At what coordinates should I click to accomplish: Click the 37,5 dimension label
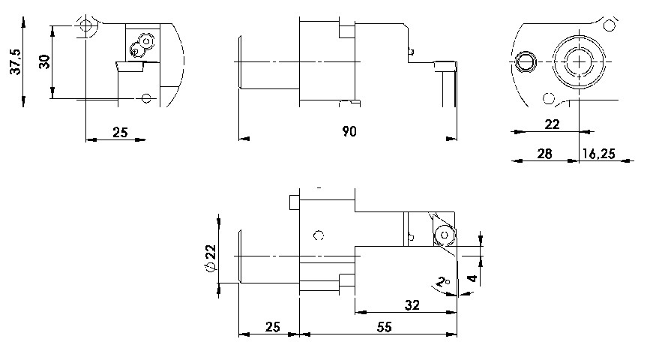coord(16,62)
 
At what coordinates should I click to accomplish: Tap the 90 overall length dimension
coord(349,131)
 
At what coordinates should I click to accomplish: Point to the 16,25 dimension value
coord(599,154)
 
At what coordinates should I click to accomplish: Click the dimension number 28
coord(545,154)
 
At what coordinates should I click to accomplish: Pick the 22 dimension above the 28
coord(552,124)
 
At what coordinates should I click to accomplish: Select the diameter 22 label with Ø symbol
coord(211,259)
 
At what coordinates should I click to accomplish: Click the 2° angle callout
coord(443,283)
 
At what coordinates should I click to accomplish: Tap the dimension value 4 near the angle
coord(473,279)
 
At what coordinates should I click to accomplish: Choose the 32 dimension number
coord(412,305)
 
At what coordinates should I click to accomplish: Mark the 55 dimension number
coord(384,328)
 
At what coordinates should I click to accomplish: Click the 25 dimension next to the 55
coord(273,327)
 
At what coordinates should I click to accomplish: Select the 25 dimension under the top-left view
coord(120,133)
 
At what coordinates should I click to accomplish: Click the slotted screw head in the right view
coord(526,62)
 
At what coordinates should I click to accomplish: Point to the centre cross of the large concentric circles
coord(580,62)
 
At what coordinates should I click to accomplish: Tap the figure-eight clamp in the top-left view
coord(142,44)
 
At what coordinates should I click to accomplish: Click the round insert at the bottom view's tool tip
coord(445,235)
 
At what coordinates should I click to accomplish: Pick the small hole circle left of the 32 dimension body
coord(318,235)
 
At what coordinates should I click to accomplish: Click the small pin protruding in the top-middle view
coord(411,52)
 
